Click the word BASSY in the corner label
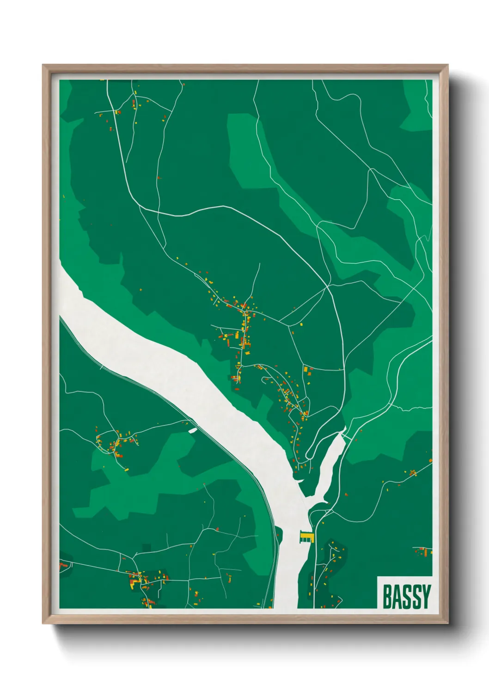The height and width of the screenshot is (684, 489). point(406,596)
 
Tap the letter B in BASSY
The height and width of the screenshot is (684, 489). point(387,596)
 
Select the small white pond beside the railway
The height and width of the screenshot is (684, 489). point(193,430)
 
